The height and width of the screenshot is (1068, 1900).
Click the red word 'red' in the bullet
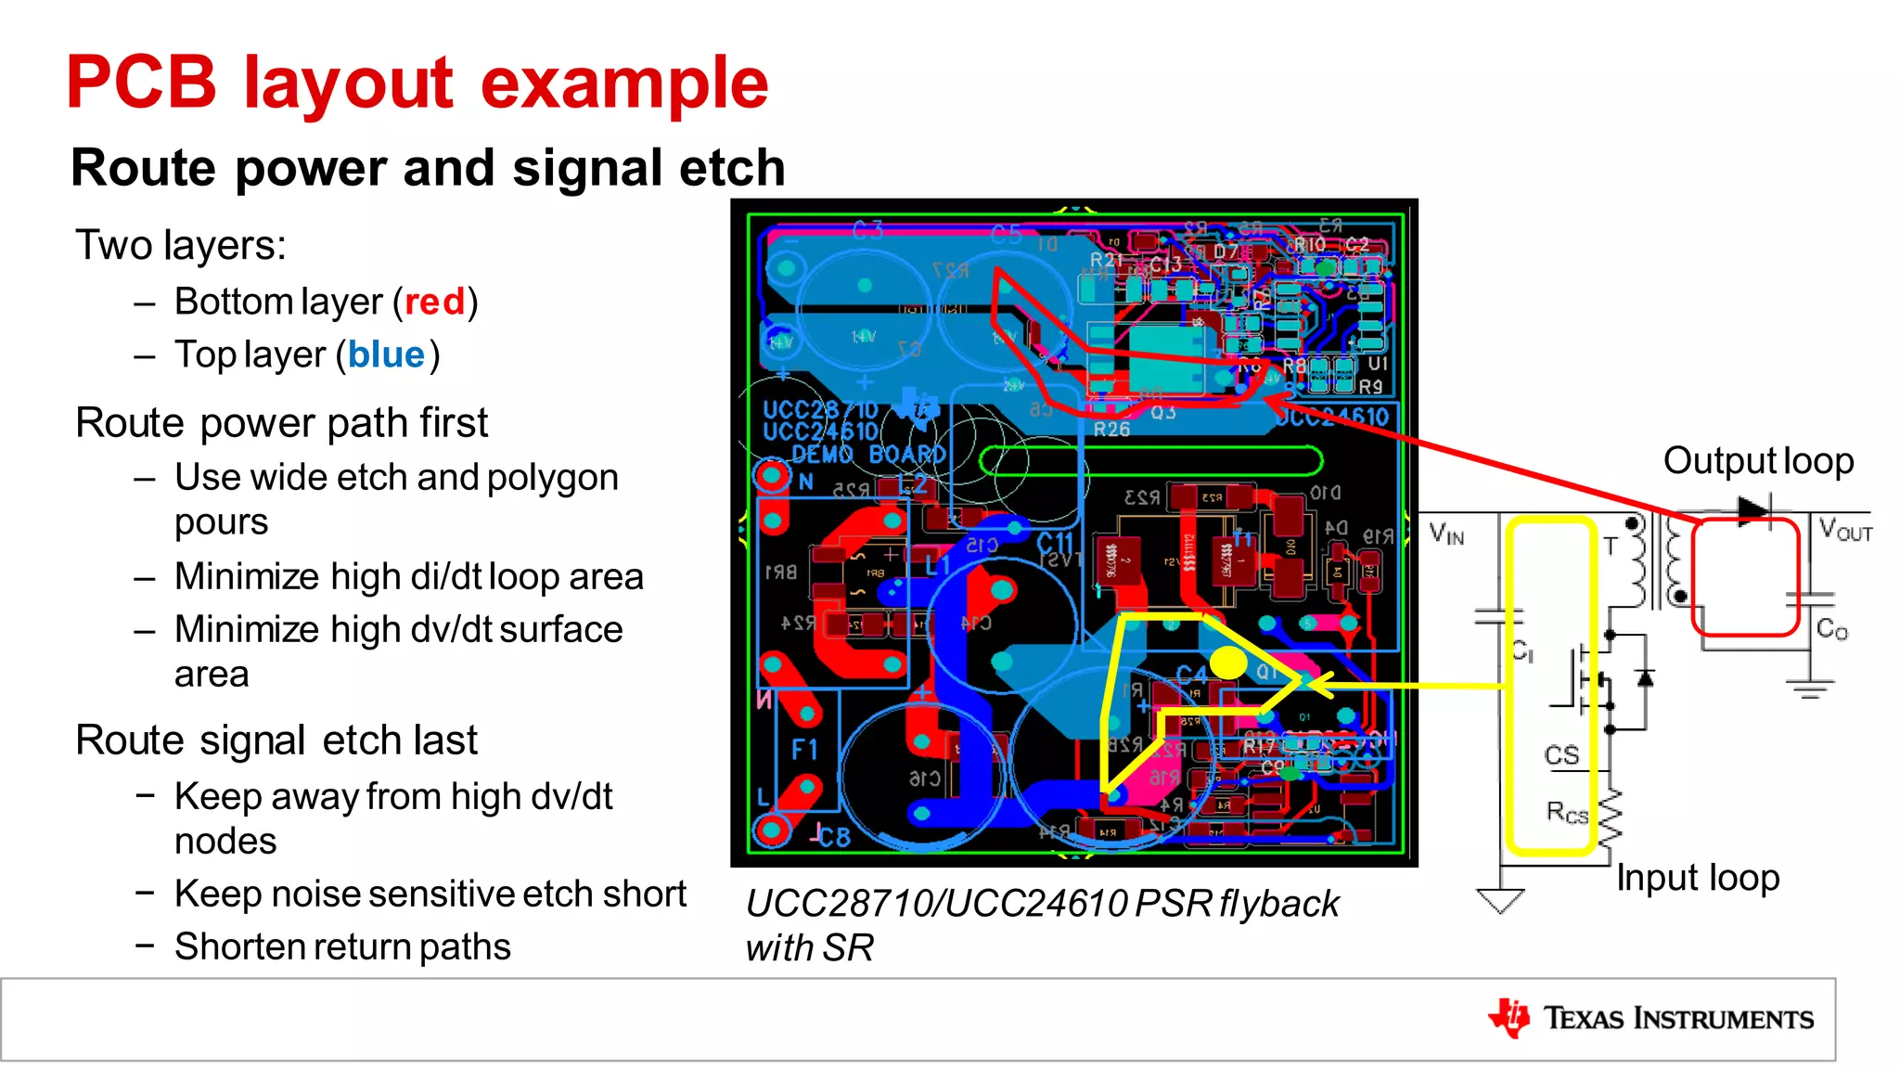[x=434, y=302]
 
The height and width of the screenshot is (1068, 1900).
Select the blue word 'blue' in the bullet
[x=386, y=355]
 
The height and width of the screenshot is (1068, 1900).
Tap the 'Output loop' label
[x=1758, y=461]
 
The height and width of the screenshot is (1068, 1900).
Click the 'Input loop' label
[x=1697, y=878]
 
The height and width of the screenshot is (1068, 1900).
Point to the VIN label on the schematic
[x=1446, y=534]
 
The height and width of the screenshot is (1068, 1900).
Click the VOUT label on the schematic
[x=1844, y=531]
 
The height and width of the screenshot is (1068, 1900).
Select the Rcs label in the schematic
[x=1567, y=814]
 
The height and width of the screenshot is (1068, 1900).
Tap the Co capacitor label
[x=1831, y=630]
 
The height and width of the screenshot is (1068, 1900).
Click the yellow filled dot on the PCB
[x=1228, y=663]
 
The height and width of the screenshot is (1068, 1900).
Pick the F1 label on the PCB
[x=804, y=750]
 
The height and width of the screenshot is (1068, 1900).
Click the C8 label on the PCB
[x=833, y=838]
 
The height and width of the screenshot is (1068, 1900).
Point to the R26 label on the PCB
[x=1111, y=430]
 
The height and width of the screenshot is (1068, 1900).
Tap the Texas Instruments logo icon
[x=1509, y=1018]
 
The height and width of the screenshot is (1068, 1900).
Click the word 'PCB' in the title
[x=141, y=84]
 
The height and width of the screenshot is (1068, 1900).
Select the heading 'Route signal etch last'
[x=276, y=740]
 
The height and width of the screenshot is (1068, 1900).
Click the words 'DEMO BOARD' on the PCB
[x=868, y=455]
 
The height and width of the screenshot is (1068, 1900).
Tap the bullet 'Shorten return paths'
[x=342, y=947]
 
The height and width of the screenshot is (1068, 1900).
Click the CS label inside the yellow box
[x=1561, y=755]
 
